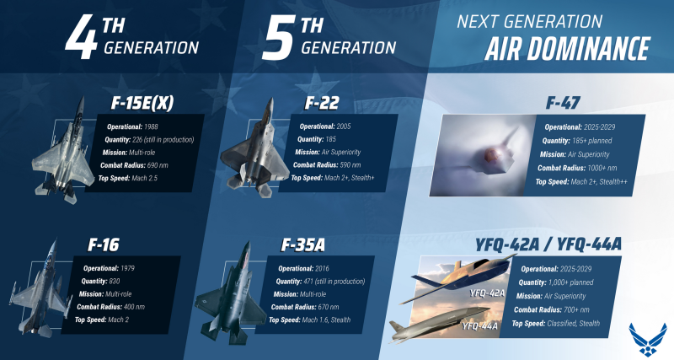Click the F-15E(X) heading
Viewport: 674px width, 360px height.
pos(142,103)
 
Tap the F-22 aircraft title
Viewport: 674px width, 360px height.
pos(322,103)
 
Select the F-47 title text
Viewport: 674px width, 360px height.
pos(563,103)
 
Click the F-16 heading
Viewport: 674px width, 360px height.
pos(103,244)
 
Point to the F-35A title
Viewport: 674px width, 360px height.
pos(302,244)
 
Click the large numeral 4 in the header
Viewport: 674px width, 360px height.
pos(81,36)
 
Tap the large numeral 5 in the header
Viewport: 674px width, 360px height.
pos(278,38)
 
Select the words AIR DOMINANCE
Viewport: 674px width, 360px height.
pos(567,49)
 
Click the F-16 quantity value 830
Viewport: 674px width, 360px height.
pos(115,282)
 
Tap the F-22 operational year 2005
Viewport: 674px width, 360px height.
pos(344,126)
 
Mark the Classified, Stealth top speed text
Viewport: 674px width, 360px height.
pos(574,324)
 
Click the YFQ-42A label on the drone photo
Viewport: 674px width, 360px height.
pos(487,293)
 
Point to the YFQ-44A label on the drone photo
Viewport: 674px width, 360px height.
pos(480,326)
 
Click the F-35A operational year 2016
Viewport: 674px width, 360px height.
pos(322,269)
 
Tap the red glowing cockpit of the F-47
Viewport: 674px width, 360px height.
pos(490,154)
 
